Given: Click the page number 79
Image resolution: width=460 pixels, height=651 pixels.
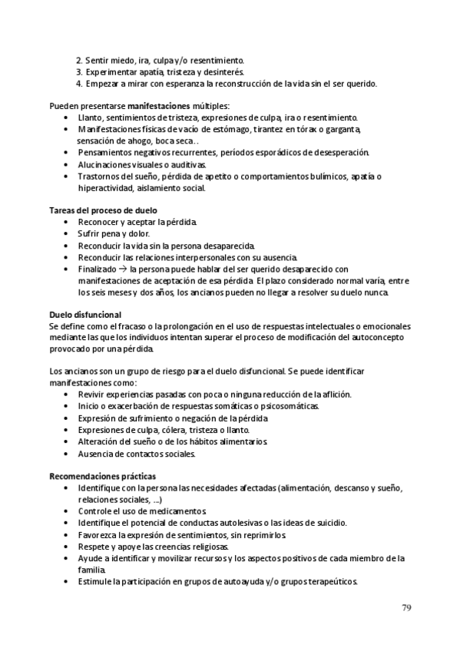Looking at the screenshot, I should point(406,609).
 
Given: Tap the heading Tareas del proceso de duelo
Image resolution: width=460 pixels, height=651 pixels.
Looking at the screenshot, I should point(103,210).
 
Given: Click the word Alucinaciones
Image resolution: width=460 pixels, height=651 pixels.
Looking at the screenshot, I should point(106,164).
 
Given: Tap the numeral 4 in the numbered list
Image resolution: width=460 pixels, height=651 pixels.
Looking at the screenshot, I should point(79,83).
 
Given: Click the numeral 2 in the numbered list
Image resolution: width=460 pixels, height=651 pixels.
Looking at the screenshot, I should point(79,60).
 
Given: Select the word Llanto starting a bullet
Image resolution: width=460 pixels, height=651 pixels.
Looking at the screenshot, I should point(91,117).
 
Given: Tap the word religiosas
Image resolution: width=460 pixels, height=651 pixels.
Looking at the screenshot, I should point(205,546).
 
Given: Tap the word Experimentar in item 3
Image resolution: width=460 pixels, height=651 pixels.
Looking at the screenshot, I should point(113,71).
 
